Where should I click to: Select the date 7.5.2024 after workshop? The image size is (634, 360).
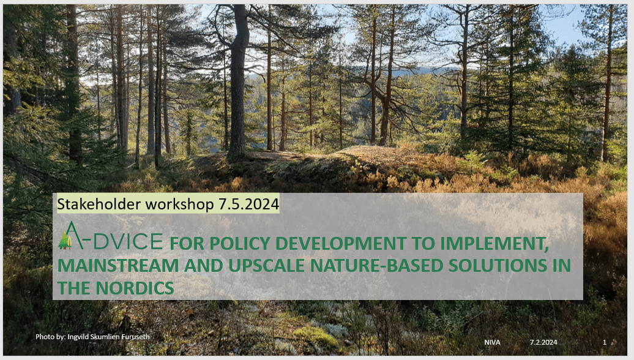click(x=248, y=204)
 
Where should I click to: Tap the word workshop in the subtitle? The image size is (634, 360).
click(x=179, y=204)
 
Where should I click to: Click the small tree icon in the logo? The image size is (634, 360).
click(x=65, y=240)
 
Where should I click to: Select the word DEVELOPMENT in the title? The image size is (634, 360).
click(x=341, y=244)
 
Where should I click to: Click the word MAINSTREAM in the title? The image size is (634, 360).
click(x=118, y=266)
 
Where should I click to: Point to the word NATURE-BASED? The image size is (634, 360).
click(x=377, y=266)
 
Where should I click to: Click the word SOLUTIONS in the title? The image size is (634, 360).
click(x=498, y=266)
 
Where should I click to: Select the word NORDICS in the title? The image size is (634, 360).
click(x=135, y=288)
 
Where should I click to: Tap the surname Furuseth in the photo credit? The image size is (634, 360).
click(x=135, y=337)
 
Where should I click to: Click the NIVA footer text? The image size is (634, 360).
click(x=492, y=342)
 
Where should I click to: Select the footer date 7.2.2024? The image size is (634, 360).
click(x=543, y=342)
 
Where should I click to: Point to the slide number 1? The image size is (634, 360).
click(x=605, y=342)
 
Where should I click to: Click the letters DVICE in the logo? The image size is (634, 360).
click(x=128, y=241)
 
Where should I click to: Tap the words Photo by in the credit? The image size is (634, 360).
click(x=51, y=337)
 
